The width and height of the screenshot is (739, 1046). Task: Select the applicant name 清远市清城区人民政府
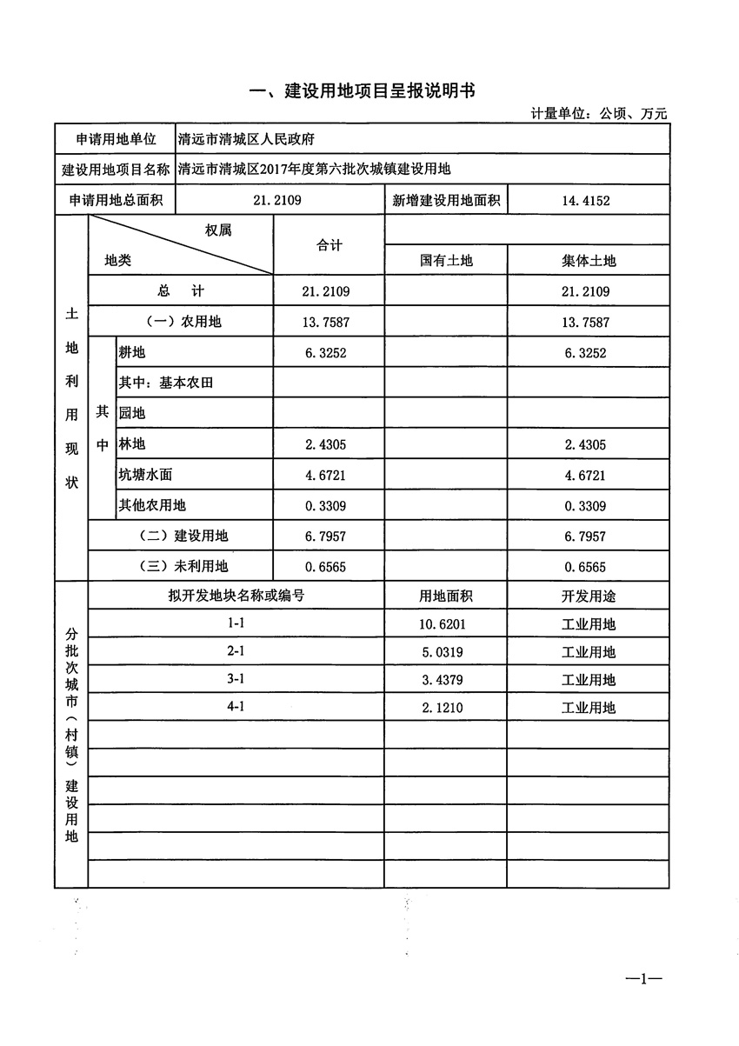(x=245, y=139)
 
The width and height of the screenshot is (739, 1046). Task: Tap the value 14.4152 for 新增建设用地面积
(x=587, y=201)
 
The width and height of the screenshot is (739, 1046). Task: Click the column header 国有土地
(x=446, y=260)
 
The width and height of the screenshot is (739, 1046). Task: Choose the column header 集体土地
(x=589, y=260)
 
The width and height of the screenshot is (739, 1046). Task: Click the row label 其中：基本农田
(x=166, y=383)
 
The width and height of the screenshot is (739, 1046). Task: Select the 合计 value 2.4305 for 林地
(x=329, y=445)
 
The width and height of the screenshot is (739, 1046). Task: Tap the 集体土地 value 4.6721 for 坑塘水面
(x=587, y=476)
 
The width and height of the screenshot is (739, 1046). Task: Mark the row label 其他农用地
(x=152, y=506)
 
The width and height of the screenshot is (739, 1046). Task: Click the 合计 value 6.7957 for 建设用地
(x=329, y=536)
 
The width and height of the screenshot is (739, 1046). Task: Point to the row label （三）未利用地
(x=183, y=567)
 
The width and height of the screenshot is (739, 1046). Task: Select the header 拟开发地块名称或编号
(x=236, y=596)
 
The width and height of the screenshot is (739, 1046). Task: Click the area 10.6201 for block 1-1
(x=446, y=624)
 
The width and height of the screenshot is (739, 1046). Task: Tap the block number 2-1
(x=236, y=652)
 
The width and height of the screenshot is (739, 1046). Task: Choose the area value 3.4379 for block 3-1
(x=446, y=680)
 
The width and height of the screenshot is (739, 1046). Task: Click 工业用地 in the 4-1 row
(x=589, y=708)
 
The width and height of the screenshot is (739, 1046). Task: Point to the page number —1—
(x=644, y=980)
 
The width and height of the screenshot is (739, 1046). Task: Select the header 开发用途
(x=589, y=596)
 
